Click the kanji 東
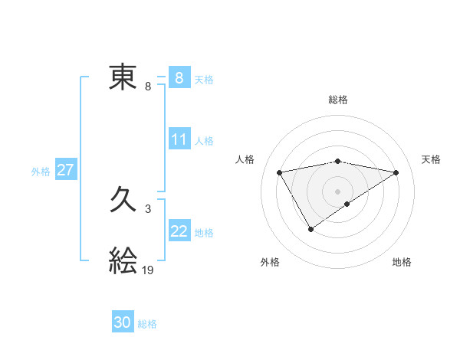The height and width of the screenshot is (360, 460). [x=123, y=77]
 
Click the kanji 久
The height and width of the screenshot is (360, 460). [x=123, y=201]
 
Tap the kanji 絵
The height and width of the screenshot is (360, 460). [x=123, y=260]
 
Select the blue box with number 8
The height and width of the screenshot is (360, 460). [x=179, y=78]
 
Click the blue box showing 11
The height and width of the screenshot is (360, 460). [x=179, y=139]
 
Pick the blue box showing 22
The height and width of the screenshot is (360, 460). [x=179, y=231]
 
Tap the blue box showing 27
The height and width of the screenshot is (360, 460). [x=65, y=170]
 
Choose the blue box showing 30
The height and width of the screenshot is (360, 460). [x=122, y=322]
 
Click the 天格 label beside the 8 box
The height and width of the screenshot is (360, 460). [x=204, y=79]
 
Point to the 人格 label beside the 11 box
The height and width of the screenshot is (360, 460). [x=204, y=140]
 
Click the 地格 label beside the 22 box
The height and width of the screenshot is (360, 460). [x=204, y=232]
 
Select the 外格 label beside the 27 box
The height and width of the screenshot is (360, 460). [x=41, y=172]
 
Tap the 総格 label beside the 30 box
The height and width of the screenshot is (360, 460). [x=147, y=324]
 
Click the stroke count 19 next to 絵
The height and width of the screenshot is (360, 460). [x=148, y=270]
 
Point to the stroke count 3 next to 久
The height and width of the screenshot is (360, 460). [x=147, y=208]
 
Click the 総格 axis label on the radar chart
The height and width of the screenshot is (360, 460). [x=337, y=100]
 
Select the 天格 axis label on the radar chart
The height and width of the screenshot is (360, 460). [x=432, y=159]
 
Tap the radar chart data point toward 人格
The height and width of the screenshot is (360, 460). [x=280, y=172]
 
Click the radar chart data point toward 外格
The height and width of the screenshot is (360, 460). [x=310, y=228]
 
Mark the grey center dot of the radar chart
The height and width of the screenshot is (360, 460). [x=337, y=191]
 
